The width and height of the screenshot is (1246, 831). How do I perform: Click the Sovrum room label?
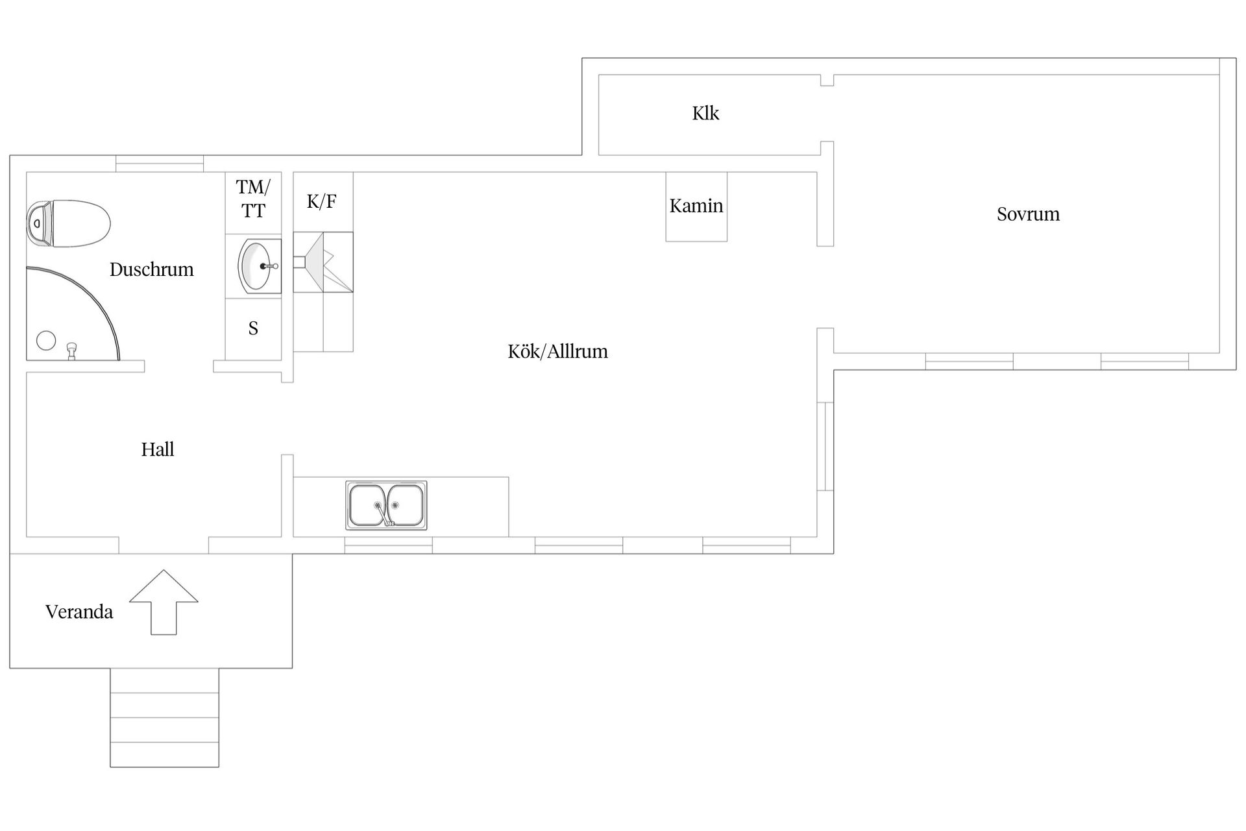tap(1028, 214)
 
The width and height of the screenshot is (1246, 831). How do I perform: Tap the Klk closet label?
tap(705, 114)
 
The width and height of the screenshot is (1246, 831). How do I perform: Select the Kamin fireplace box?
tap(696, 206)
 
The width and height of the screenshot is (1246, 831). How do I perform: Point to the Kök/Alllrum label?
tap(557, 352)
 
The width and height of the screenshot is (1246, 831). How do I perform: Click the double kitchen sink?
tap(386, 505)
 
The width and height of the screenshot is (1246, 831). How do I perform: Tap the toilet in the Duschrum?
tap(68, 223)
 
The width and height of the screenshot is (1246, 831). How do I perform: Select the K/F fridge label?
tap(322, 201)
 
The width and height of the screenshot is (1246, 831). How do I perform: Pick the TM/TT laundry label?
tap(253, 199)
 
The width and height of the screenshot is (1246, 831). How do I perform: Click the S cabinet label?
tap(253, 329)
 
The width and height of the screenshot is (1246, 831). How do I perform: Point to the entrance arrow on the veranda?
tap(164, 602)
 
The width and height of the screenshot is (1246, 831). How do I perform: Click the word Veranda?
tap(79, 612)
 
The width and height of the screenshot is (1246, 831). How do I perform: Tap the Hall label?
tap(158, 449)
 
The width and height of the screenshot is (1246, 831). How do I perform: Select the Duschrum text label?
tap(151, 269)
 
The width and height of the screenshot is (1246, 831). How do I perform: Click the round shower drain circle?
tap(46, 341)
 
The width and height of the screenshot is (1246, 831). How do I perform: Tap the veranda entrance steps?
tap(164, 717)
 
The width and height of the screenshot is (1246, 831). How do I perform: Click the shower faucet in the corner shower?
tap(73, 351)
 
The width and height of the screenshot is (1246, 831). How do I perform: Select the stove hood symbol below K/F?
tap(323, 262)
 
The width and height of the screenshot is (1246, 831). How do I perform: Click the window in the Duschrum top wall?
tap(160, 164)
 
